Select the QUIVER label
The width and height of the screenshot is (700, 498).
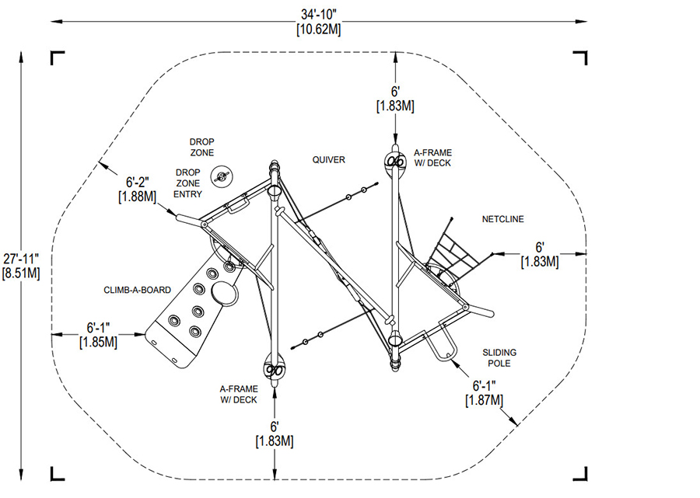click(x=328, y=160)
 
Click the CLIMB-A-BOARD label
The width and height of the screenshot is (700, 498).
click(x=137, y=290)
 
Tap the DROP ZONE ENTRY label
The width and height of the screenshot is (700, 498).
click(x=187, y=183)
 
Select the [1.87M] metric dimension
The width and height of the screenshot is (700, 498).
click(x=484, y=399)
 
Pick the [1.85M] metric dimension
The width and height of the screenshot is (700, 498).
click(x=98, y=341)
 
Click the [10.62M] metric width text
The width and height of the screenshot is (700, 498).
click(x=319, y=30)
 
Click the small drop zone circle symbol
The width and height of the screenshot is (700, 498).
click(x=223, y=175)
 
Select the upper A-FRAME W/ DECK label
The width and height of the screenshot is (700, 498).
click(x=432, y=158)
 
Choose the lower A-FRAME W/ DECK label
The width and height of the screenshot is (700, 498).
click(x=238, y=394)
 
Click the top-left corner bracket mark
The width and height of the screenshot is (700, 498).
click(x=57, y=57)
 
